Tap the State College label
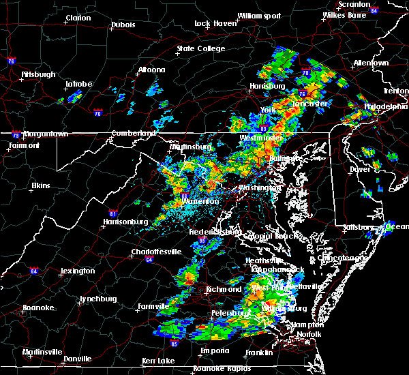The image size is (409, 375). (x=200, y=49)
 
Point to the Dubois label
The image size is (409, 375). (x=123, y=26)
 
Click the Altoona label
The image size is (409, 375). (x=151, y=70)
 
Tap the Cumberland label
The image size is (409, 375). (x=130, y=133)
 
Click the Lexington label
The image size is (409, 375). (x=77, y=271)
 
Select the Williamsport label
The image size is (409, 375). (x=259, y=16)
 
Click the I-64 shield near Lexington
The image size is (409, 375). (x=33, y=271)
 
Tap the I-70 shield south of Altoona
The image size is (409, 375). (x=97, y=114)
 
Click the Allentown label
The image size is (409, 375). (x=371, y=63)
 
